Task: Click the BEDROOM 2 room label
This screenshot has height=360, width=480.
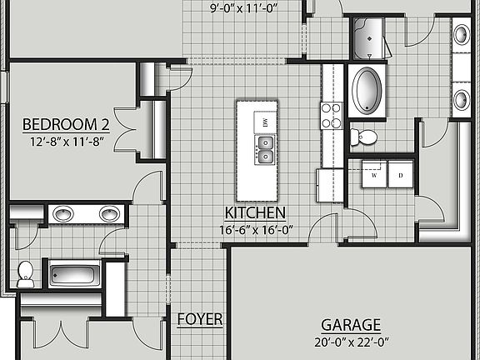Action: click(x=66, y=125)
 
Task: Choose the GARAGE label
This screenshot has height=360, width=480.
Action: click(x=351, y=325)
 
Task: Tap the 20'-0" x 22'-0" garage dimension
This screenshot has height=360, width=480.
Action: click(x=351, y=340)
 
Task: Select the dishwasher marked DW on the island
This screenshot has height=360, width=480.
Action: click(x=264, y=122)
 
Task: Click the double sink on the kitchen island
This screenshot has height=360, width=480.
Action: click(x=264, y=151)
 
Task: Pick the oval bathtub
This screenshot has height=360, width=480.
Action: click(x=366, y=91)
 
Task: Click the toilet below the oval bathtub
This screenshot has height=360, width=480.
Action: click(x=363, y=136)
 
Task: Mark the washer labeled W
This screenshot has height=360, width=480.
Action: click(x=374, y=176)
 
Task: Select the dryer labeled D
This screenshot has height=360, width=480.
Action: click(x=400, y=176)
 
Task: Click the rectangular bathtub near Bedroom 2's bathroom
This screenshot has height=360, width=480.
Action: click(x=74, y=272)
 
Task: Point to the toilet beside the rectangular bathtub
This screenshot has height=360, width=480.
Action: click(x=26, y=272)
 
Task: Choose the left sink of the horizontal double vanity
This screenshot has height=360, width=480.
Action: click(x=63, y=214)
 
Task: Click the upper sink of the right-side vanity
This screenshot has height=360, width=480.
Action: click(x=461, y=35)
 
